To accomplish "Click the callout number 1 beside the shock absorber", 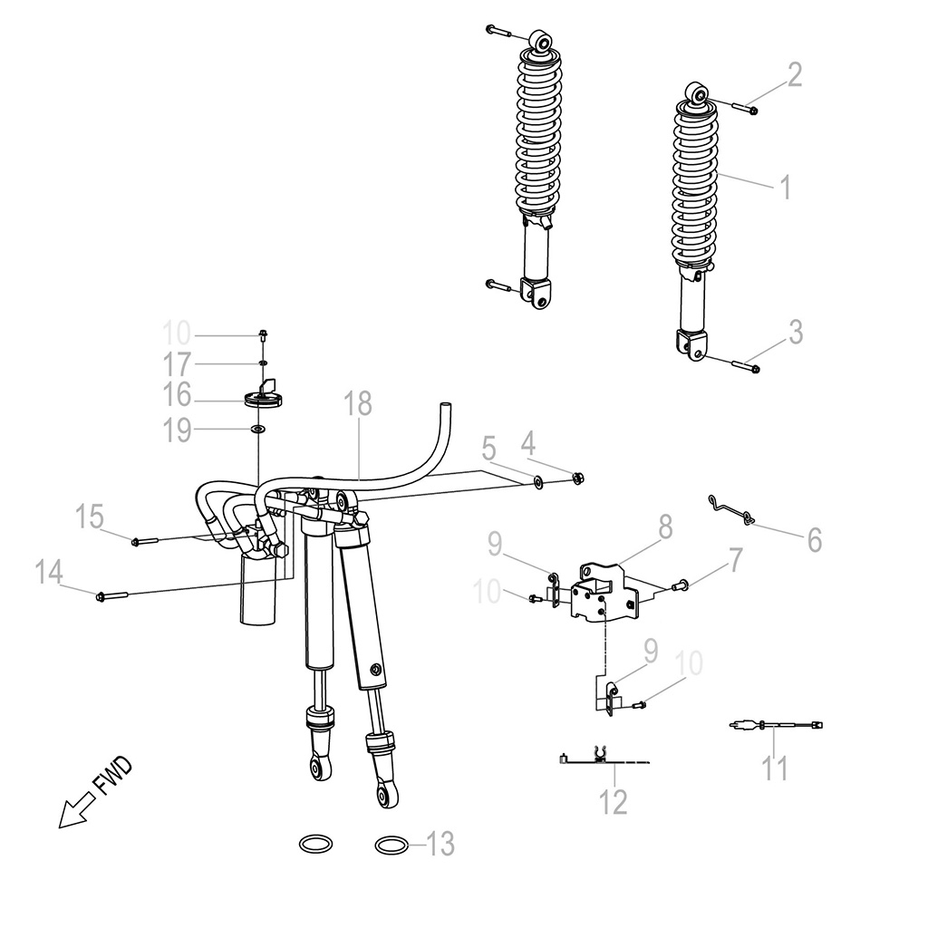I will click(786, 188).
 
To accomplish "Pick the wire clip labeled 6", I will click(730, 509).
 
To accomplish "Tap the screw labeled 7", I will click(683, 586).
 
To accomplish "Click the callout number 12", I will click(614, 802).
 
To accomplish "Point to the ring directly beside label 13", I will click(391, 845).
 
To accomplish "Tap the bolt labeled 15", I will click(145, 541).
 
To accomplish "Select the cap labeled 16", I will click(261, 398).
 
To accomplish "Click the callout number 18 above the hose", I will click(358, 405).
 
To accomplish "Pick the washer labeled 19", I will click(259, 429).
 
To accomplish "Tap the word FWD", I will click(114, 778).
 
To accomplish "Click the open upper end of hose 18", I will click(444, 403).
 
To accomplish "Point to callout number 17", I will click(177, 364).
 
